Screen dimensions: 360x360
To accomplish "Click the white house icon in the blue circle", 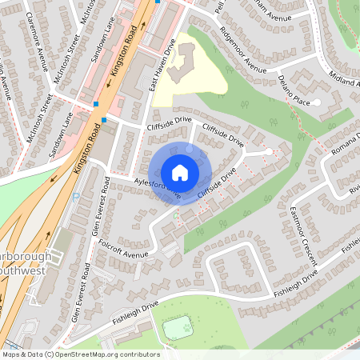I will [x=180, y=173].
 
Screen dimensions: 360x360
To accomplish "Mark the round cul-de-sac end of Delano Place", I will [x=317, y=102].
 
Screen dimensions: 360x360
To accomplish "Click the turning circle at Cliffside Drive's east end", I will [x=268, y=151].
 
